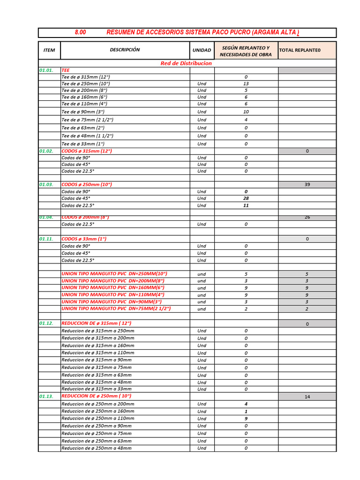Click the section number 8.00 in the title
(x=80, y=32)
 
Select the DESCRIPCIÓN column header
(x=125, y=50)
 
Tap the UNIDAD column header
(x=202, y=50)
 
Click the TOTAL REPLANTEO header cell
(x=300, y=50)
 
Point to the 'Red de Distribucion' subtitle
(x=186, y=63)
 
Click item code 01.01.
(x=46, y=70)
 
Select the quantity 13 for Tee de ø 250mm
(x=246, y=83)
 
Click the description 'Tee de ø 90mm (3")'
(x=83, y=112)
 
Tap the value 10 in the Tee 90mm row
(x=246, y=112)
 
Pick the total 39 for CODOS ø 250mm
(x=307, y=185)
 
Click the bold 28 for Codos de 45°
(x=246, y=198)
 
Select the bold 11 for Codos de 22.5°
(x=246, y=205)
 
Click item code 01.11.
(x=46, y=239)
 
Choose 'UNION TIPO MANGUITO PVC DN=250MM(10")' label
(x=114, y=273)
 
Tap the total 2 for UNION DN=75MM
(x=307, y=309)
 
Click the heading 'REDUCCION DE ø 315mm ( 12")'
(x=97, y=323)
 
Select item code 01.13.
(x=46, y=397)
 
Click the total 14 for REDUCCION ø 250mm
(x=307, y=397)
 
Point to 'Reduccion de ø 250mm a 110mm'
(x=97, y=418)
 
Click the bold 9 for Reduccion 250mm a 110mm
(x=246, y=419)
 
